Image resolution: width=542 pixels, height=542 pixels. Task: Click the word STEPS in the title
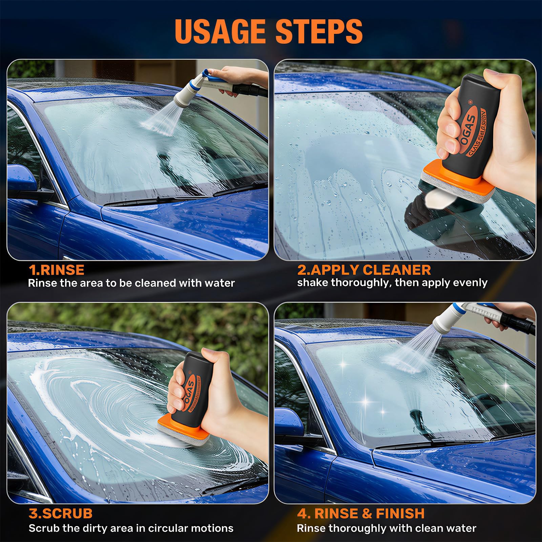tap(319, 31)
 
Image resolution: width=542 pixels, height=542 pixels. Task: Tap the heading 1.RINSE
tap(57, 270)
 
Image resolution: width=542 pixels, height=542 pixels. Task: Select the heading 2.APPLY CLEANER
tap(364, 270)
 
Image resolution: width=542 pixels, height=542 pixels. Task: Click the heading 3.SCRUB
tap(61, 513)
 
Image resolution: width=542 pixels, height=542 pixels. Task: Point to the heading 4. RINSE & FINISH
tap(361, 513)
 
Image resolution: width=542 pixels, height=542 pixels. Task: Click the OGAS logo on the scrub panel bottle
tap(190, 390)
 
